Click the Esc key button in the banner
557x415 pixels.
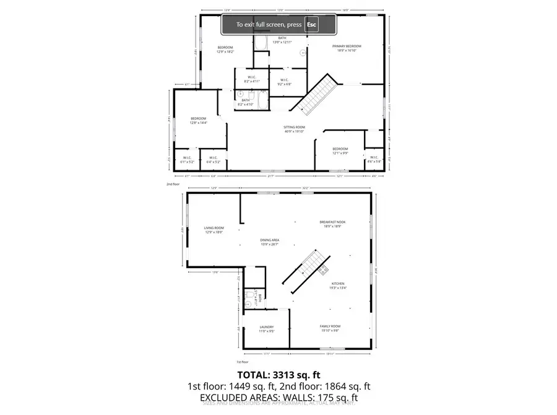(312, 25)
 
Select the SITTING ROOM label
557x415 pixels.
(295, 128)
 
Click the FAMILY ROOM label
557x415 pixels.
(330, 326)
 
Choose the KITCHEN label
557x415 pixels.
(338, 284)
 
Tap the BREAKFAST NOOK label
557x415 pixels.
(332, 222)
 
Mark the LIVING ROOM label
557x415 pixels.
(214, 228)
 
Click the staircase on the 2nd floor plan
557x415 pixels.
(316, 94)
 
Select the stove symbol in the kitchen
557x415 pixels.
(323, 269)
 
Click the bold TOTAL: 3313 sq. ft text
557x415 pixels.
(278, 375)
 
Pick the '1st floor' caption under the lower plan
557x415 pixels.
(243, 362)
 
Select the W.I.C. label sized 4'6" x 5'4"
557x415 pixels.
(374, 157)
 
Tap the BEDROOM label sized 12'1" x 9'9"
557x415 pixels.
(340, 149)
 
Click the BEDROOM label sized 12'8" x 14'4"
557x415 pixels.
(198, 118)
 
